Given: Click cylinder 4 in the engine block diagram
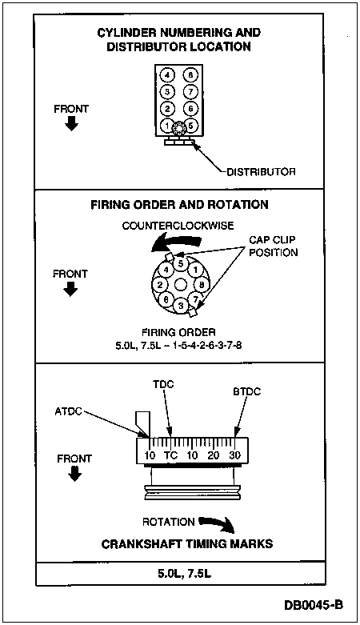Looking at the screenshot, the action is [x=167, y=75].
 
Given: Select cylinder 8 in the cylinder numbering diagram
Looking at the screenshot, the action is [x=190, y=75].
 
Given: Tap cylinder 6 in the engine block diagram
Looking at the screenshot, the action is [x=190, y=108].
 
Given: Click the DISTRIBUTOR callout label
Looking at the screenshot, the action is [x=261, y=172].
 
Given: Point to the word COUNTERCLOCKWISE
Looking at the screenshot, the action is [x=178, y=226].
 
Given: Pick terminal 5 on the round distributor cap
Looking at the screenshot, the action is [x=181, y=263].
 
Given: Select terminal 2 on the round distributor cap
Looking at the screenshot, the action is [x=159, y=285].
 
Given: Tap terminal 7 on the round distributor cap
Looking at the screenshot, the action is [x=195, y=299].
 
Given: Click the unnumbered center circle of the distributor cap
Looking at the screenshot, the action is [x=181, y=285].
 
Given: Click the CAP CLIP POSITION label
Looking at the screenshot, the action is [x=274, y=246].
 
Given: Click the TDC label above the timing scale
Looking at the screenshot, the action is [x=163, y=385].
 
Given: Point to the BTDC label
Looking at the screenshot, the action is [x=246, y=391].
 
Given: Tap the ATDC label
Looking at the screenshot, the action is [x=68, y=411].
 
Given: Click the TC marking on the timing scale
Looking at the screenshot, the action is [x=170, y=455].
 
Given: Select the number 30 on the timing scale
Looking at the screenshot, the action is [x=235, y=455].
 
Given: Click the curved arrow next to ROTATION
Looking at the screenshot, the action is [x=218, y=524].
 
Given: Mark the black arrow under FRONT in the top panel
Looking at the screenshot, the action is [x=72, y=125].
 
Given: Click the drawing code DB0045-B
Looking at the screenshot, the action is [x=314, y=605].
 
